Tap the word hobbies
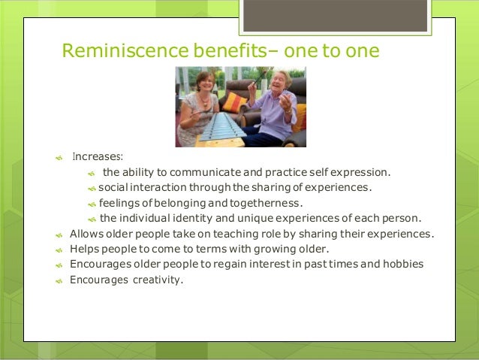(402, 265)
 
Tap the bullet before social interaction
(91, 188)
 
